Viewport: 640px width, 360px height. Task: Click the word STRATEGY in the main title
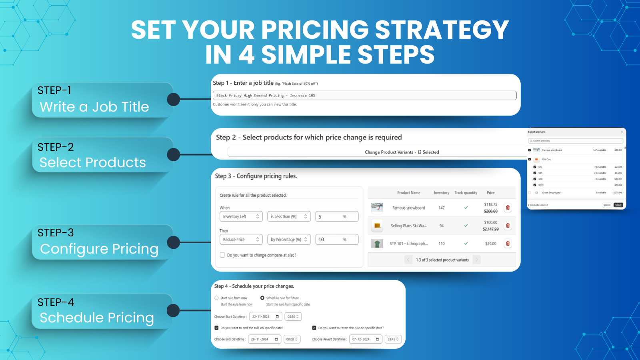click(442, 30)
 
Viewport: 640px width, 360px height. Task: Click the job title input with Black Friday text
click(364, 96)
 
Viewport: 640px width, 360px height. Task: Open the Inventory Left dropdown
click(241, 216)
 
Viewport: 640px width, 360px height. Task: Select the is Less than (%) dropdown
click(289, 216)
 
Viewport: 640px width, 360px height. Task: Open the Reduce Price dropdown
click(241, 240)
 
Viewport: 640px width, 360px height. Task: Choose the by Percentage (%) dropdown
click(289, 240)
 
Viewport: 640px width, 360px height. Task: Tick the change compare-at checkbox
click(222, 255)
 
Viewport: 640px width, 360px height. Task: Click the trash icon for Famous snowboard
click(508, 208)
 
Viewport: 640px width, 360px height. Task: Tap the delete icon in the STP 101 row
click(508, 243)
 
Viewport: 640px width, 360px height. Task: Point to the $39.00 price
click(490, 244)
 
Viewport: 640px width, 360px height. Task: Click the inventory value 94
click(442, 226)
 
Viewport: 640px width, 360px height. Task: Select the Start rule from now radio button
click(216, 298)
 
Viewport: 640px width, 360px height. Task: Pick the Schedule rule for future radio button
click(262, 298)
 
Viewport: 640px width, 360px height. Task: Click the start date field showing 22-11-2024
click(265, 317)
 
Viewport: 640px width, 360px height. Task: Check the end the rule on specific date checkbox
click(216, 328)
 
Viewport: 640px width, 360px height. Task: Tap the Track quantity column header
click(466, 193)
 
